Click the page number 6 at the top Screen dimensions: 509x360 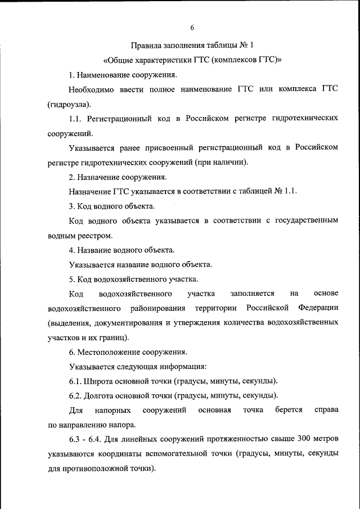coord(192,28)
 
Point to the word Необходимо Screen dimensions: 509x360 coord(90,89)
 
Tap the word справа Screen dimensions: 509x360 coord(326,409)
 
